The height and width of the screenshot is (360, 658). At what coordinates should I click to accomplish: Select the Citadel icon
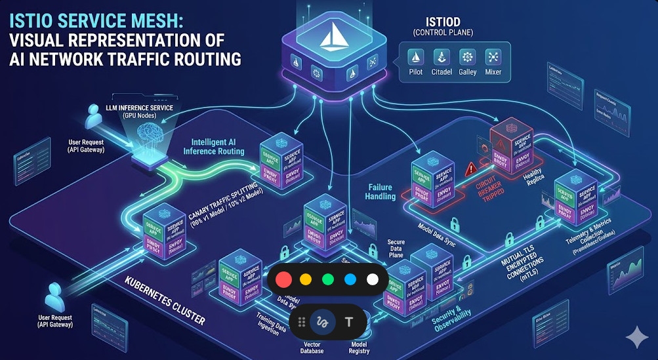pos(442,57)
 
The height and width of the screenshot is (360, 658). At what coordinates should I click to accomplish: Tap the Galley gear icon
pos(467,57)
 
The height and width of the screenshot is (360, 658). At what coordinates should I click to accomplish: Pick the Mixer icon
pos(493,57)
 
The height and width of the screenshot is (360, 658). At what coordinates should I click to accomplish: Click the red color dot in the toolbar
pos(283,279)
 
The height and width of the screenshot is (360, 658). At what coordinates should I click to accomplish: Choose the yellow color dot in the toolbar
pos(305,279)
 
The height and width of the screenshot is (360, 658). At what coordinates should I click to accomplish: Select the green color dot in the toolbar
pos(327,279)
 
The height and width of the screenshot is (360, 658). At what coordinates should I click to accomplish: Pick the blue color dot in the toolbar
pos(350,279)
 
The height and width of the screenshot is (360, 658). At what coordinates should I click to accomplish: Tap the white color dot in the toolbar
pos(372,279)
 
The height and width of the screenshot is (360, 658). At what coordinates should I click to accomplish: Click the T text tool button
pos(349,322)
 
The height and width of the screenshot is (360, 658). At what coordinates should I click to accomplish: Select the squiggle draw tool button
pos(322,322)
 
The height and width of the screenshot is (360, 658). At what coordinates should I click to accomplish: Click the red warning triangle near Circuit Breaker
pos(470,169)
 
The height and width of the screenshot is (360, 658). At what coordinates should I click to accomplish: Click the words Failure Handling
pos(380,191)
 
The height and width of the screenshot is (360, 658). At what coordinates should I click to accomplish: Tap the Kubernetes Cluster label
pos(165,302)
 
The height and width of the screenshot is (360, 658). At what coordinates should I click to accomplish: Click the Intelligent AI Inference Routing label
pos(218,146)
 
